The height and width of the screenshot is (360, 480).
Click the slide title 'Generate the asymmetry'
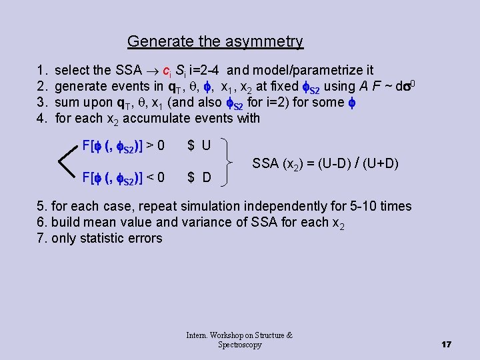(x=215, y=42)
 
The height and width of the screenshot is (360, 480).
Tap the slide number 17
(x=446, y=345)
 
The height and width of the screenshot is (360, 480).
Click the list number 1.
(x=42, y=70)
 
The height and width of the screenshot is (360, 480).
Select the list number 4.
(x=42, y=119)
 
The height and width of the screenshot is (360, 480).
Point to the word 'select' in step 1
(x=73, y=70)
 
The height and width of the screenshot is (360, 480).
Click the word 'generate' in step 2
(x=81, y=86)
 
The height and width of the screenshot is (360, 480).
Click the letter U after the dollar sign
(x=206, y=145)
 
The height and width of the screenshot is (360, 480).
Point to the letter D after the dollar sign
(x=207, y=177)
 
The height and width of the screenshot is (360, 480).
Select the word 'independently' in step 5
(x=276, y=207)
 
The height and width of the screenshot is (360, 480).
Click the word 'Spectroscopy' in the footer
(x=240, y=345)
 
